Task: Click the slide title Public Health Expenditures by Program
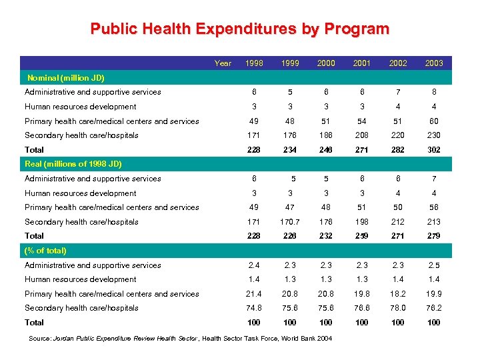point(239,29)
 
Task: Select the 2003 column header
point(434,63)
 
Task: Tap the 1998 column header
point(254,63)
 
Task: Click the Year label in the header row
point(223,63)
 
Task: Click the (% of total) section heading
point(45,251)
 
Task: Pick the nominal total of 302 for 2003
point(434,150)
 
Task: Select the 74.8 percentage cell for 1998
point(254,308)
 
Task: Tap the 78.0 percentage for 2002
point(398,308)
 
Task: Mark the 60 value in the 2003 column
point(434,121)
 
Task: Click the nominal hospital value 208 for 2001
point(362,135)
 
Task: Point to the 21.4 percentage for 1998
point(254,294)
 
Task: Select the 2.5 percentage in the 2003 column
point(434,265)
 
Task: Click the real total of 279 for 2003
point(434,236)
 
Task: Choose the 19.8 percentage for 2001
point(362,294)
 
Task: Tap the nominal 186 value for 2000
point(326,135)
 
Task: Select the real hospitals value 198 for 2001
point(362,222)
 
